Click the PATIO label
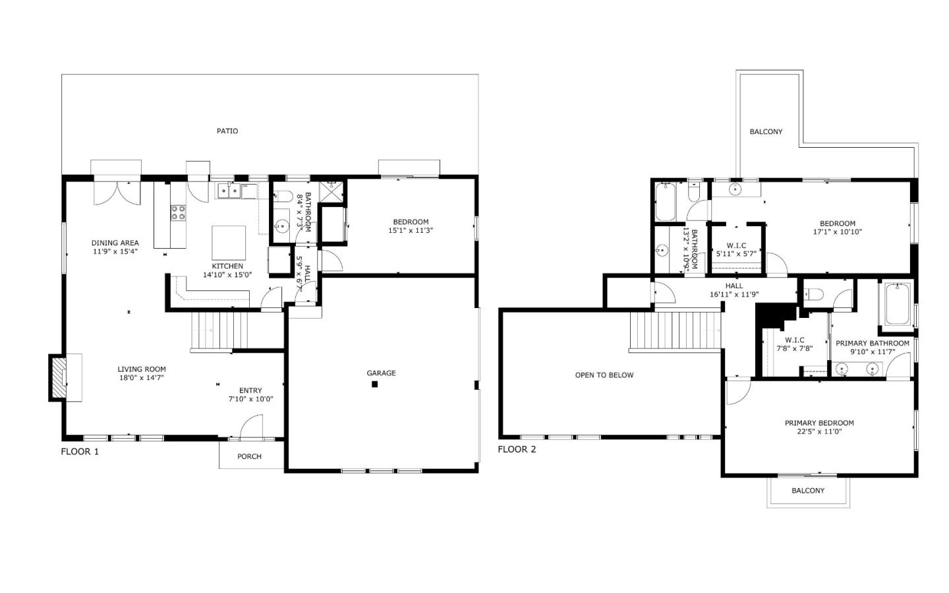[x=227, y=131]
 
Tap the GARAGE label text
[x=381, y=373]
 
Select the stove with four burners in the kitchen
[x=179, y=212]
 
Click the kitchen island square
[x=229, y=243]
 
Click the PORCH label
[x=249, y=456]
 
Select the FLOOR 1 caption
[x=80, y=452]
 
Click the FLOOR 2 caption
[x=517, y=449]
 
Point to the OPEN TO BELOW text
[x=604, y=375]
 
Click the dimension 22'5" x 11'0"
[x=819, y=432]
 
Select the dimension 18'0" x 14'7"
[x=142, y=378]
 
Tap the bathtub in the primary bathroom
[x=896, y=304]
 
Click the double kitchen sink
[x=229, y=191]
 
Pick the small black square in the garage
[x=374, y=385]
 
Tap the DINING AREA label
[x=115, y=243]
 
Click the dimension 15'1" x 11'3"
[x=411, y=231]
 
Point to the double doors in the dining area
[x=117, y=191]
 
